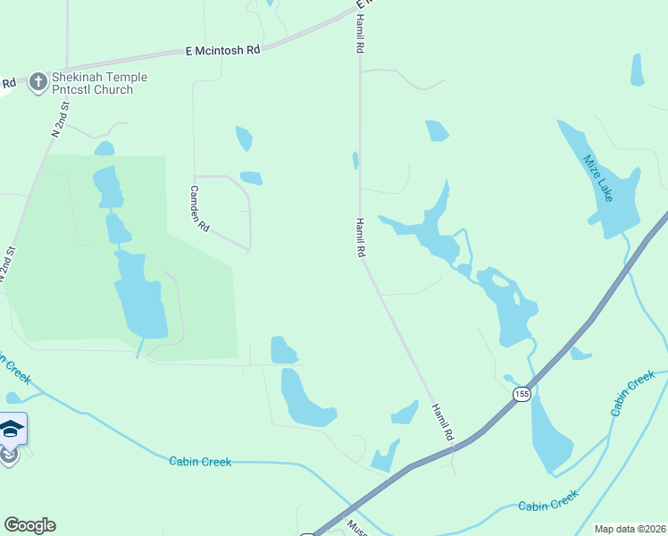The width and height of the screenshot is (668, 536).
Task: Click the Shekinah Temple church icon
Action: [x=38, y=83]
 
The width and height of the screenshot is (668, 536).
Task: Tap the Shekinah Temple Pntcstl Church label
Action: [x=98, y=83]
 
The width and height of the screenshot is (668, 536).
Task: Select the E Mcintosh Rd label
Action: [x=222, y=51]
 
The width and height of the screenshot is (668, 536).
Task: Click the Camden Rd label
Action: [x=198, y=209]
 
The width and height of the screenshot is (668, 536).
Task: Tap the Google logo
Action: [x=29, y=525]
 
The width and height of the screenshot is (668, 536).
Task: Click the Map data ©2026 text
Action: [x=629, y=529]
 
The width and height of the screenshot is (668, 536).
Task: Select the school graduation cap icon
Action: [x=10, y=430]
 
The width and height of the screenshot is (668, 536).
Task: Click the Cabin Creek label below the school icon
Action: [x=200, y=461]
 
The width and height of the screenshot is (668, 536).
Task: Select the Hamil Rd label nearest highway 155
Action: [x=443, y=423]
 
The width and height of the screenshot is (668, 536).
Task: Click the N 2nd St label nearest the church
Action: [x=60, y=120]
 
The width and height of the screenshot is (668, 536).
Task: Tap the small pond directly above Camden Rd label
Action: [x=251, y=178]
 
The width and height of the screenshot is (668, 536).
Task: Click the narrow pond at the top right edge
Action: [x=637, y=70]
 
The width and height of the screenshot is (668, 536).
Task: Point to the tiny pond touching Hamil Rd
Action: [x=355, y=160]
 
